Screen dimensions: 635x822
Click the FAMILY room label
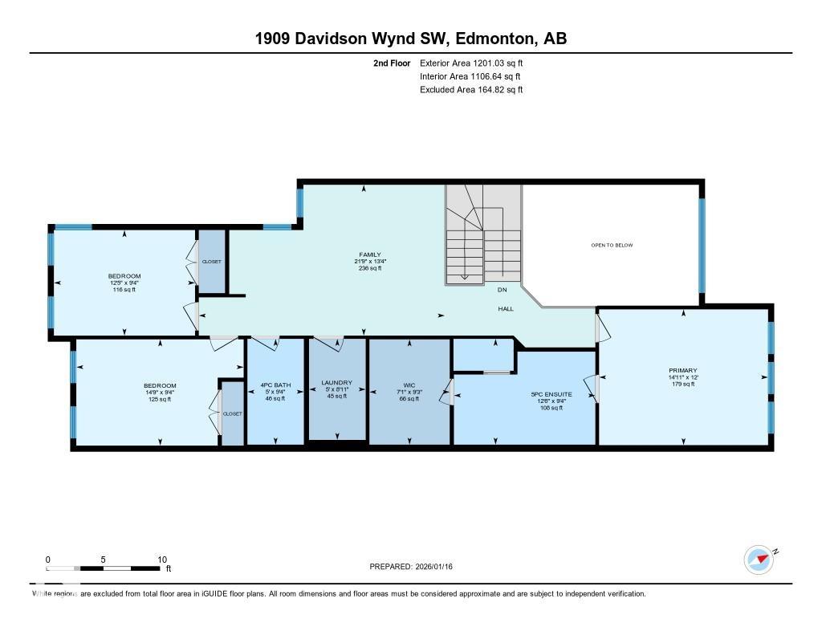click(x=369, y=254)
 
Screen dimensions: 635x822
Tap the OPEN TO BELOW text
click(x=612, y=245)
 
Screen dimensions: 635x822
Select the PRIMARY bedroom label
click(x=682, y=371)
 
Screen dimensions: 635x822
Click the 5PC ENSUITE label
click(x=551, y=394)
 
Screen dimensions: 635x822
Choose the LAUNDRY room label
click(x=336, y=382)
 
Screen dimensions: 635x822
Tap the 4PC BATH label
click(x=275, y=385)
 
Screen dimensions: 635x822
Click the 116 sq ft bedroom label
click(x=124, y=276)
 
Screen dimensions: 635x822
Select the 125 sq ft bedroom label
click(x=160, y=386)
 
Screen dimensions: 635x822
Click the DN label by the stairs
click(x=502, y=290)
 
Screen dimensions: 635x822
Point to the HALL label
click(x=505, y=308)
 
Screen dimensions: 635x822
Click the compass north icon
click(x=759, y=559)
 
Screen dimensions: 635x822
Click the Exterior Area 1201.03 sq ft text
click(x=471, y=63)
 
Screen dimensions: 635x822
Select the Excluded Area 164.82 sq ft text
click(x=471, y=90)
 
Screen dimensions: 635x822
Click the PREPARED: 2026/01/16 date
click(x=417, y=567)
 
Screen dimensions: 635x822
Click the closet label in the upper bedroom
click(x=211, y=262)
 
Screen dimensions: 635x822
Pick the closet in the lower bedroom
click(x=232, y=413)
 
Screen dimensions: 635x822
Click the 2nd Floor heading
click(x=392, y=63)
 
